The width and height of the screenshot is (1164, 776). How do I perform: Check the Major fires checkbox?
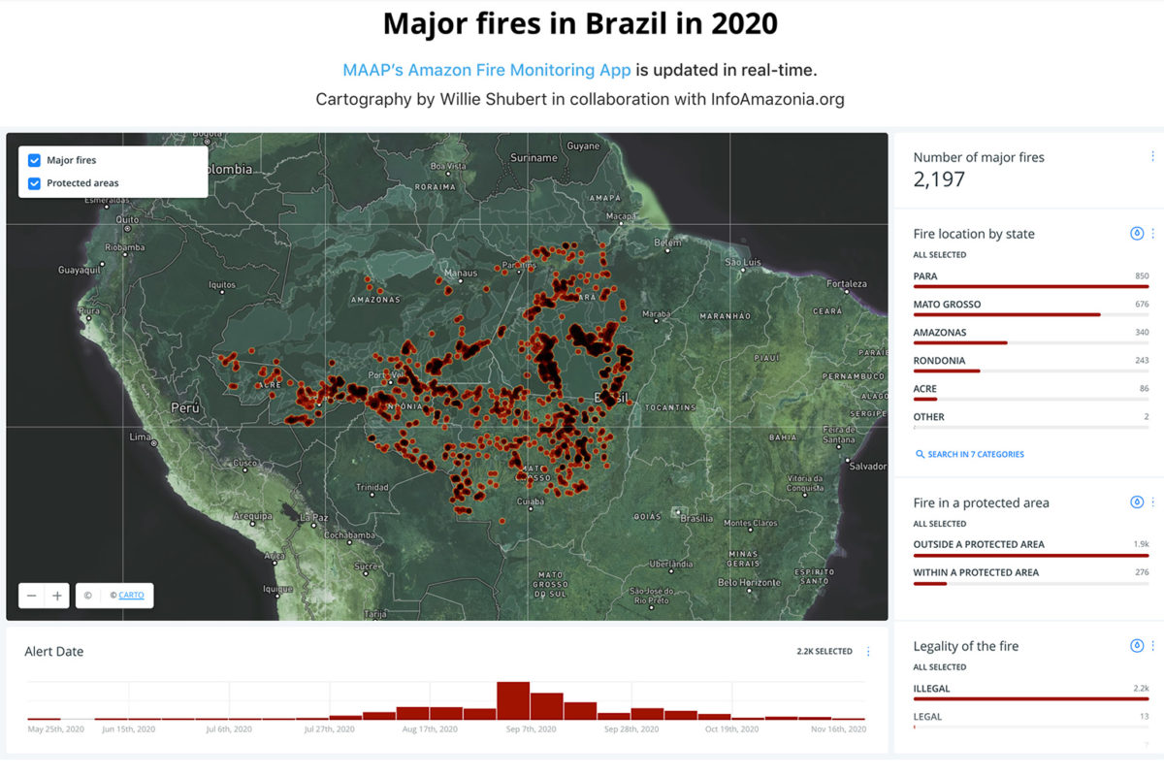click(x=35, y=160)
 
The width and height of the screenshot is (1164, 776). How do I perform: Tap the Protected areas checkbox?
click(x=35, y=183)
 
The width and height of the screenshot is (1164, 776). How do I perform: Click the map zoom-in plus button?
click(x=57, y=596)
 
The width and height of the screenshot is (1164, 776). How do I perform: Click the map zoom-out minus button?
click(x=32, y=596)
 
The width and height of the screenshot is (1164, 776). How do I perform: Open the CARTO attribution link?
click(x=131, y=596)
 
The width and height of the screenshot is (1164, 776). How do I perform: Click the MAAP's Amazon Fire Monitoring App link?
click(x=487, y=70)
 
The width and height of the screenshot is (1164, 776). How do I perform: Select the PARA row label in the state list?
click(x=925, y=276)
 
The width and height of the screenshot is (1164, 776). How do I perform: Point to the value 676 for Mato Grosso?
click(x=1142, y=305)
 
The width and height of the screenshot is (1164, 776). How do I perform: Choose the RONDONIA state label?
click(x=939, y=361)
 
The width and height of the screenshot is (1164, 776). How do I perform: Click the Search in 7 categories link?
click(x=975, y=454)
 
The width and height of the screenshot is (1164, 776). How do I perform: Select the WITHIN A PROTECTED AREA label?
click(x=976, y=572)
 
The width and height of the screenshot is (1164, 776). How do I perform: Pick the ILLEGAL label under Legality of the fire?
click(x=931, y=689)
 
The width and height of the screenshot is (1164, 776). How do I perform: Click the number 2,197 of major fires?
click(x=939, y=178)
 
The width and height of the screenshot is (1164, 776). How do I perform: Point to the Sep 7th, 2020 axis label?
click(x=533, y=729)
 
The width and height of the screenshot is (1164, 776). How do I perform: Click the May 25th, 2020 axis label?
click(x=56, y=729)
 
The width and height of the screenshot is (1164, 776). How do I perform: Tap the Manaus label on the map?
click(x=460, y=273)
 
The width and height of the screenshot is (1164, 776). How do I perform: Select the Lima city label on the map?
click(x=140, y=438)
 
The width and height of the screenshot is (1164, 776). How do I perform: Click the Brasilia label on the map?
click(x=697, y=518)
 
